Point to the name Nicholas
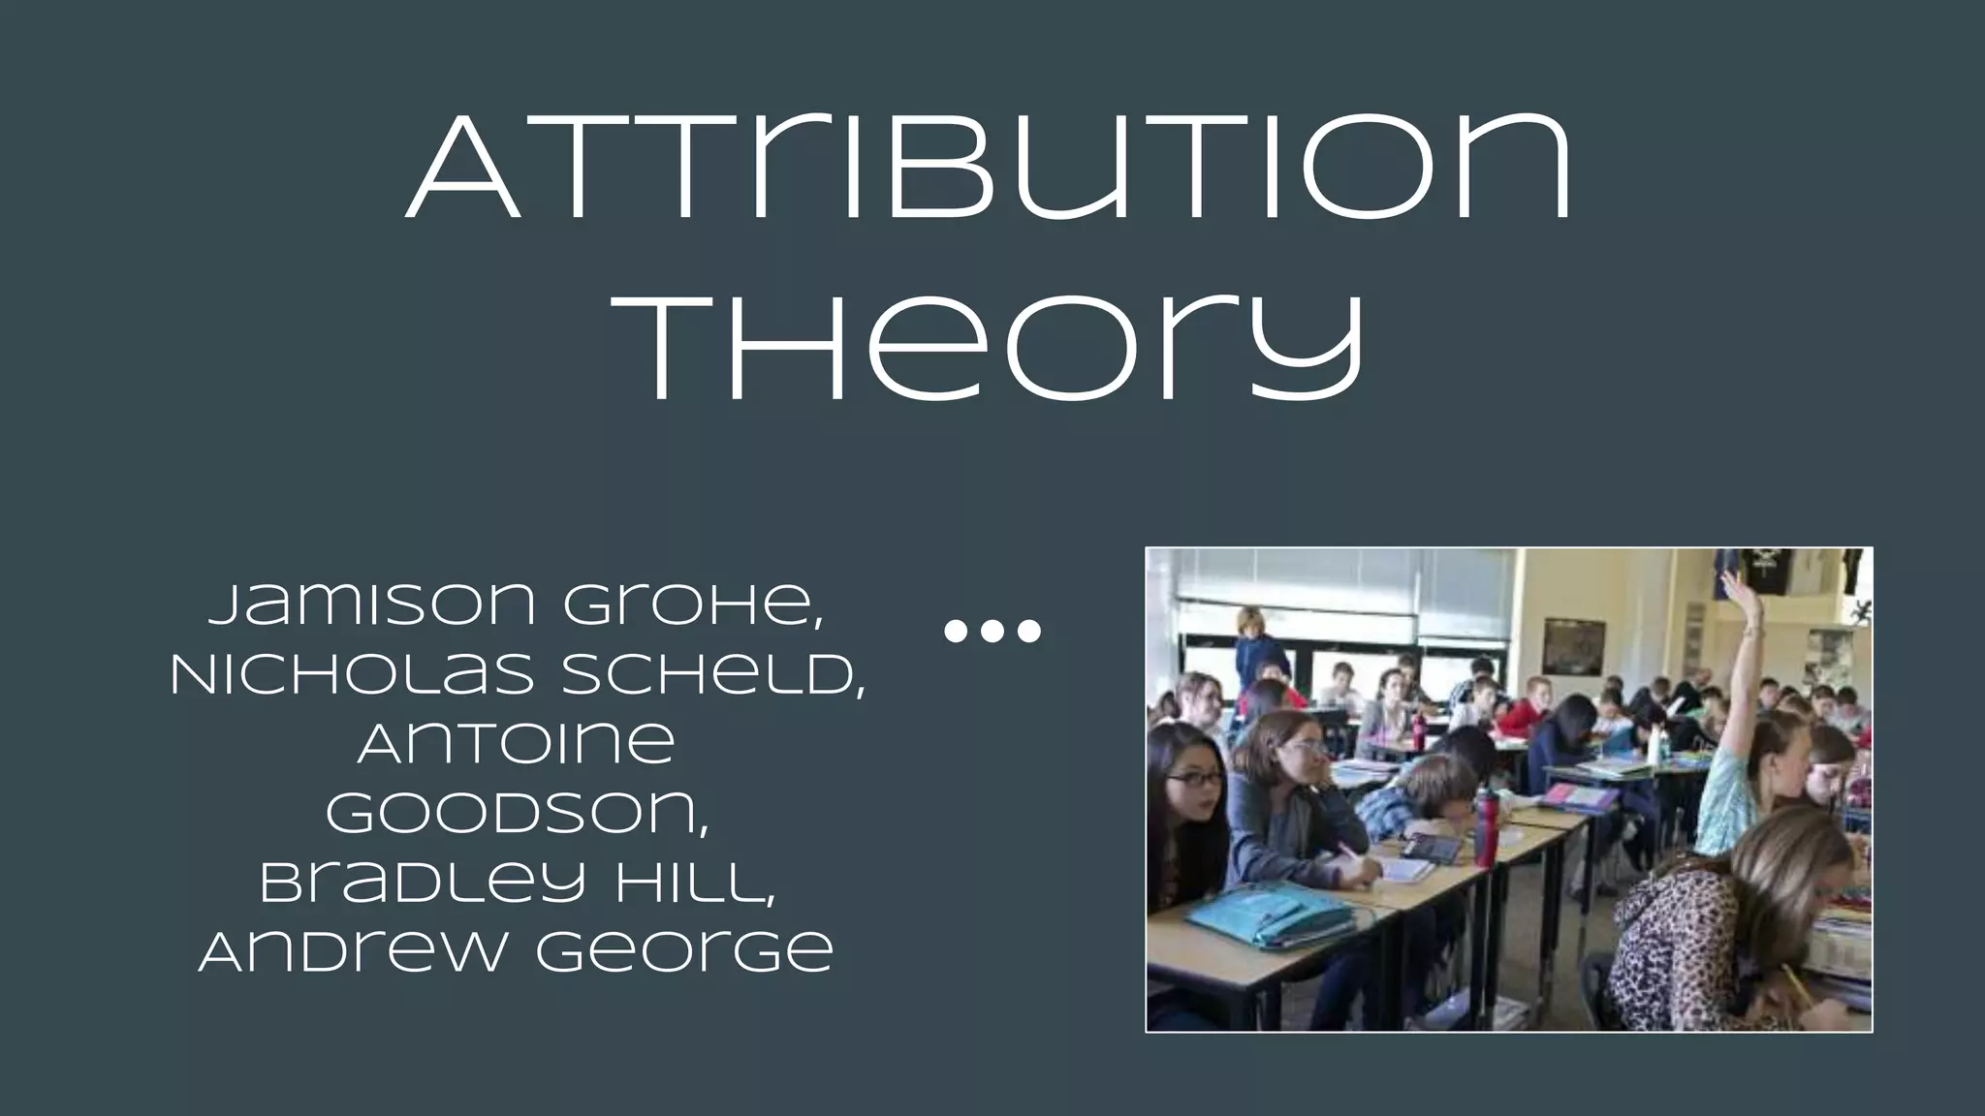[x=351, y=675]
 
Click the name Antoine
[x=517, y=744]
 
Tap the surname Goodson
[x=517, y=814]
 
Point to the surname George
[x=684, y=953]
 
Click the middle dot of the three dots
[x=992, y=632]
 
